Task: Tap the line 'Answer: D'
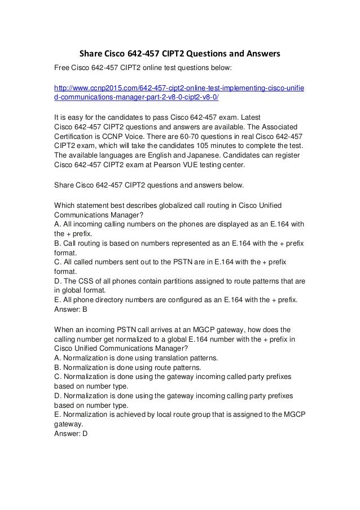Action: point(70,435)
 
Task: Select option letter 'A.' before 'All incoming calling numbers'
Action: point(57,224)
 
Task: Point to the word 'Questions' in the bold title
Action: point(205,55)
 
